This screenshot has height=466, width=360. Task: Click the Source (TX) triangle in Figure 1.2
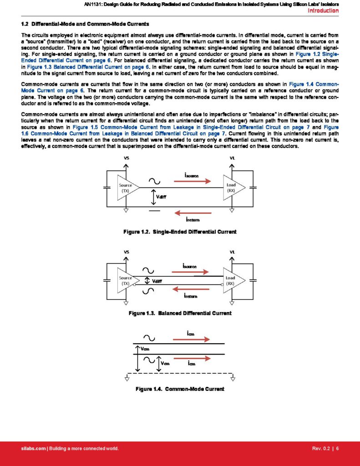[x=126, y=187]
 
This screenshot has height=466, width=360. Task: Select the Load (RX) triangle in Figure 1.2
[x=232, y=187]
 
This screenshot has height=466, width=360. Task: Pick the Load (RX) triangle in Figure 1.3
[x=232, y=280]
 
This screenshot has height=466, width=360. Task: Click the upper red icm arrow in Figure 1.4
[x=193, y=339]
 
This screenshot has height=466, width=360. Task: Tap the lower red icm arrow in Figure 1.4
[x=193, y=358]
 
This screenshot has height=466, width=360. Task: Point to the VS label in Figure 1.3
[x=126, y=252]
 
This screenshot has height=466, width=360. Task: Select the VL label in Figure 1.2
[x=233, y=158]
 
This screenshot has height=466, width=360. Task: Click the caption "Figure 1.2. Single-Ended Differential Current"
[x=180, y=232]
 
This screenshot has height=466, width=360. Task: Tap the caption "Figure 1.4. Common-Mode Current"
[x=180, y=389]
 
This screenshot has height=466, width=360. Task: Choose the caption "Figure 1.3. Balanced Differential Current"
[x=180, y=313]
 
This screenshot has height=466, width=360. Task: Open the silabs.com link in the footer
[x=34, y=449]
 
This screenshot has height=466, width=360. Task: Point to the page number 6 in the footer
[x=337, y=449]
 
